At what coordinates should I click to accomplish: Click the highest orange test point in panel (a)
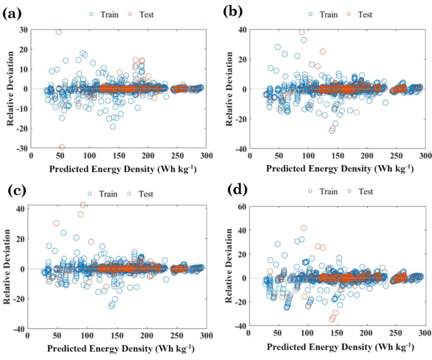59,32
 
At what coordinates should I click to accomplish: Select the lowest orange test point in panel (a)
61,147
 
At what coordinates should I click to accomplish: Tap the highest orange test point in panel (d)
303,228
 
